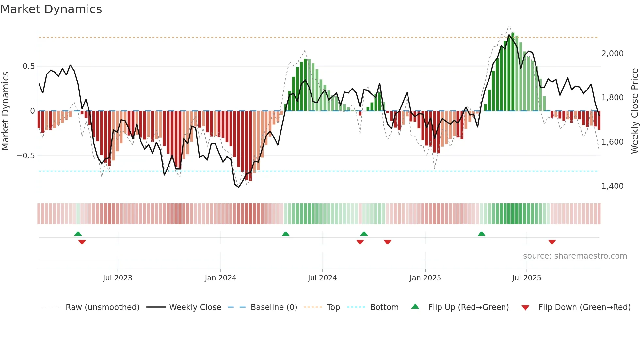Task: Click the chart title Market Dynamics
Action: [x=51, y=9]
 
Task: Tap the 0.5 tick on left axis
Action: [x=28, y=66]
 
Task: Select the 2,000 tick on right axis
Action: [x=612, y=54]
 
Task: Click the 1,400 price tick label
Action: [x=612, y=186]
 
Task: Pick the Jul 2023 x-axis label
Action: [x=118, y=278]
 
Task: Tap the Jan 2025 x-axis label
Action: [x=425, y=278]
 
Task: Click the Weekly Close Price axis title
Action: [x=634, y=111]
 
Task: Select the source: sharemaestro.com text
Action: [x=575, y=256]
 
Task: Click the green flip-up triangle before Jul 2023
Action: [x=78, y=234]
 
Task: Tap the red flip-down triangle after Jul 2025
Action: [x=552, y=242]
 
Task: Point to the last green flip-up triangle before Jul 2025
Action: [x=481, y=234]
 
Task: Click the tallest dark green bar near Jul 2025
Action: [x=513, y=72]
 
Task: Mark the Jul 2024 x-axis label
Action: [x=322, y=278]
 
